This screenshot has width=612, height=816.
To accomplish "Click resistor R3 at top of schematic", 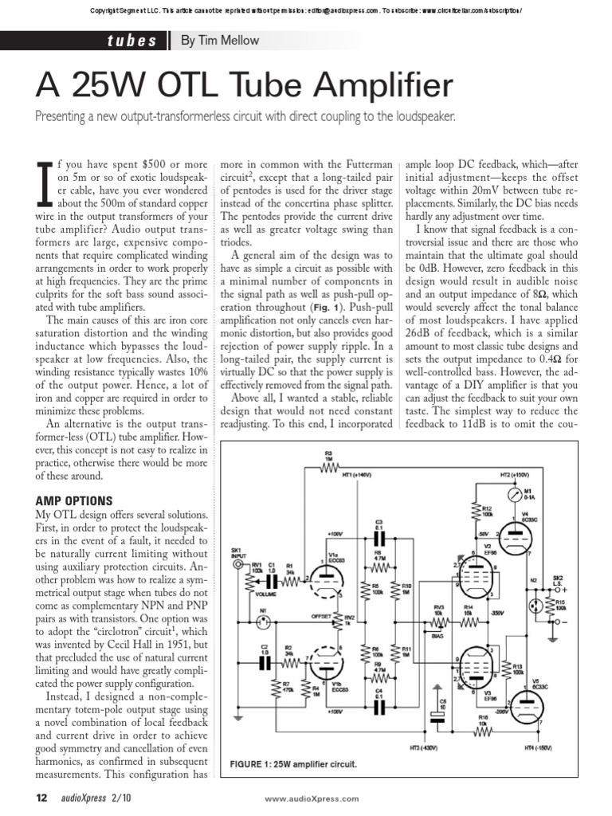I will point(329,466).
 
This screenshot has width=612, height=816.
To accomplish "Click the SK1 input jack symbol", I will point(237,564).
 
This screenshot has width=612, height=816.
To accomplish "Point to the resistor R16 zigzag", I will point(483,730).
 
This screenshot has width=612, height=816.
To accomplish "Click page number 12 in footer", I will point(42,798).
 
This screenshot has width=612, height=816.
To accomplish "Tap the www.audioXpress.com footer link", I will point(311,798).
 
